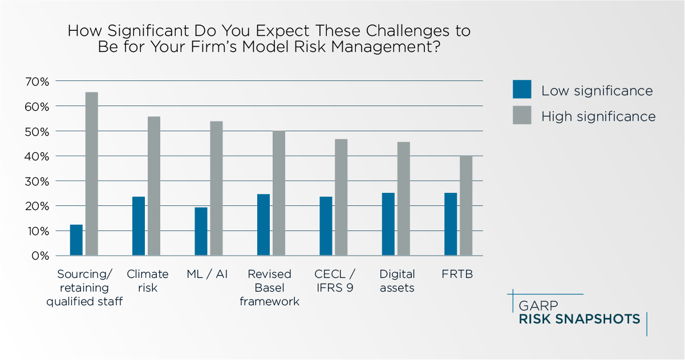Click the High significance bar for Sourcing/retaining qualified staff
(92, 174)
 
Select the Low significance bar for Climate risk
(139, 226)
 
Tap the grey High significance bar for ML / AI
(216, 188)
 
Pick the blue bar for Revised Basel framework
(264, 225)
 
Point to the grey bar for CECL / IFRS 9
(341, 197)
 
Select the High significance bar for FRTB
(466, 205)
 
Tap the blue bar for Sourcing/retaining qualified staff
(76, 240)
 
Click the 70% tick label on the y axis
(37, 82)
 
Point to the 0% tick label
(40, 256)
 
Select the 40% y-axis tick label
(37, 156)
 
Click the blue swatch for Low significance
(522, 90)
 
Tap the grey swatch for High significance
(522, 115)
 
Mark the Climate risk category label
(148, 281)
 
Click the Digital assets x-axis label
(397, 281)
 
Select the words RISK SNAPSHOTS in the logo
(579, 319)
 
